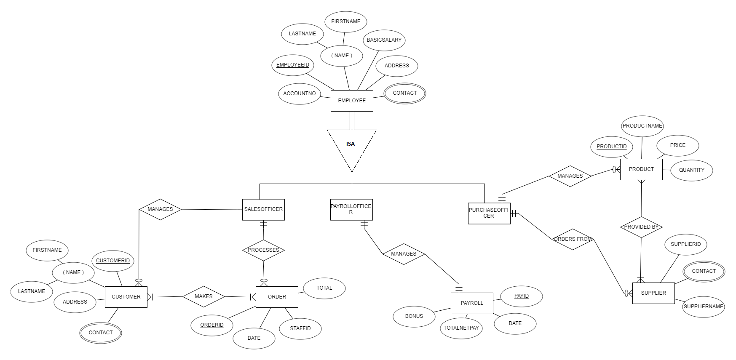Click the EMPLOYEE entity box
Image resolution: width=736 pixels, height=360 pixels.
[352, 101]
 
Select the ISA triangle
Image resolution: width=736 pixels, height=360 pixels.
[351, 145]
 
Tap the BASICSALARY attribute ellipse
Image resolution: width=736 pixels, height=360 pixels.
[384, 40]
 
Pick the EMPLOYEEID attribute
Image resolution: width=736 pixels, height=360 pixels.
[293, 65]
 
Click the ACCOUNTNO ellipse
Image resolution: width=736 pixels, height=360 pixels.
[300, 93]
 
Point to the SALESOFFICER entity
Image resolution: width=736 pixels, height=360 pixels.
[263, 209]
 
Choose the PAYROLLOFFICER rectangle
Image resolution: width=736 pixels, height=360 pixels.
[351, 209]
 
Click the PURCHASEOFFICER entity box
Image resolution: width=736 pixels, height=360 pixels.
[489, 213]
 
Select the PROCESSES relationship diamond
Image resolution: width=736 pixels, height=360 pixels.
[263, 250]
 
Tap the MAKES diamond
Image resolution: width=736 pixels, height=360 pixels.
[203, 296]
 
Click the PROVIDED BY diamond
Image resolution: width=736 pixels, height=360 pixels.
[641, 227]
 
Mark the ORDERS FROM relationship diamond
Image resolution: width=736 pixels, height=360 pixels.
[573, 239]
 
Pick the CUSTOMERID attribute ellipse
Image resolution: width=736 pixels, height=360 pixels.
[113, 261]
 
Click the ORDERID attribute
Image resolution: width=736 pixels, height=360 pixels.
[212, 325]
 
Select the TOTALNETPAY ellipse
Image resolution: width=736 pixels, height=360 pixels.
[461, 328]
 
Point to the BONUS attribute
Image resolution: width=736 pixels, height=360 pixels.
[414, 316]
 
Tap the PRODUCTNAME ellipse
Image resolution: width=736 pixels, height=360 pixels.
[642, 126]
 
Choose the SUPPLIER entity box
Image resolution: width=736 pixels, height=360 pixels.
[653, 293]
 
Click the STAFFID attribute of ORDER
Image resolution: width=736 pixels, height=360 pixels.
[300, 328]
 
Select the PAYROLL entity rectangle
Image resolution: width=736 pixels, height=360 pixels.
[472, 303]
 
